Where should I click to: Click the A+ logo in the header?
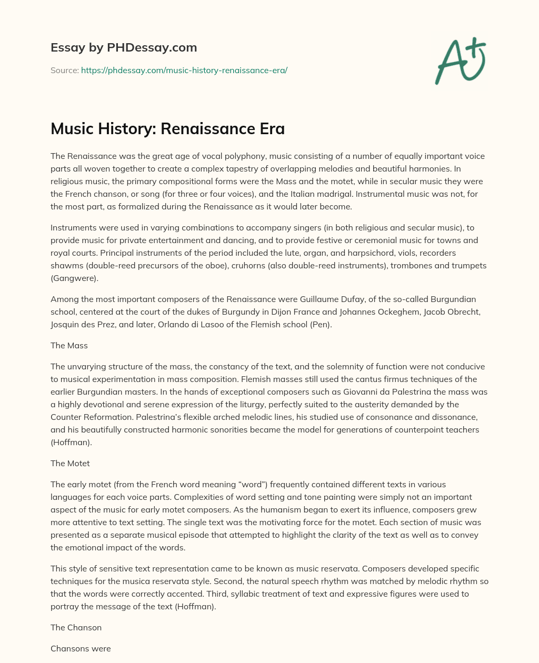(460, 61)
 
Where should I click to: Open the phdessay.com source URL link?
(184, 70)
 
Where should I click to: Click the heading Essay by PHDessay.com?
(124, 47)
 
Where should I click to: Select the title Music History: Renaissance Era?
(167, 129)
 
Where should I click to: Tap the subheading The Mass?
(69, 345)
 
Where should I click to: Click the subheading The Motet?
(70, 463)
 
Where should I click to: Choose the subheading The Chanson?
(76, 627)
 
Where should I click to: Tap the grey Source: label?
(64, 70)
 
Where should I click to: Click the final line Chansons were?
(81, 648)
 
